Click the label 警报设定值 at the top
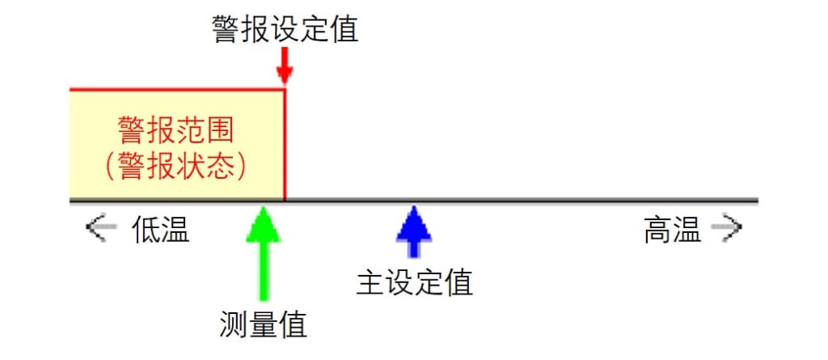click(x=285, y=28)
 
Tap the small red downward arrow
click(x=285, y=66)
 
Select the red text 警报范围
click(x=175, y=129)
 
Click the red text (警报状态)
click(x=175, y=167)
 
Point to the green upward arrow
click(x=264, y=253)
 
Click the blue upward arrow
click(x=414, y=231)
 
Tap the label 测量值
click(x=263, y=324)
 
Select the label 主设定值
click(x=415, y=282)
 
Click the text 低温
click(x=161, y=230)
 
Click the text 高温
click(x=672, y=230)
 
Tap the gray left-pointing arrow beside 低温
click(x=101, y=227)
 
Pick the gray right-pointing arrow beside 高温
click(x=727, y=227)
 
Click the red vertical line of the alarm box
click(x=285, y=145)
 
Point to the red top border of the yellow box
click(x=177, y=91)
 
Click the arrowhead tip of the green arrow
click(x=264, y=206)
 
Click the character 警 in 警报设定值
click(x=226, y=28)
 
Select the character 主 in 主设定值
click(x=370, y=282)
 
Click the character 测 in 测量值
click(x=234, y=324)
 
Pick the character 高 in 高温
click(x=657, y=230)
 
